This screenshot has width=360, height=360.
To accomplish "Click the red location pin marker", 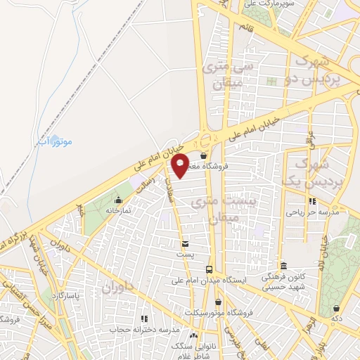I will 180,165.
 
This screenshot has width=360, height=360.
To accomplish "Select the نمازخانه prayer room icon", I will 110,200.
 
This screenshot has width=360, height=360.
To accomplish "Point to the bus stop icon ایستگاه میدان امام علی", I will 209,269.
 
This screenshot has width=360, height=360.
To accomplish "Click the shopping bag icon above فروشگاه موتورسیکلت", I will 219,302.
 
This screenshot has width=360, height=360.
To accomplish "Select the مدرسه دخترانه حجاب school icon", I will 144,319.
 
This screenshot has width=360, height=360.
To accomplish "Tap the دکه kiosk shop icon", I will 337,308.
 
